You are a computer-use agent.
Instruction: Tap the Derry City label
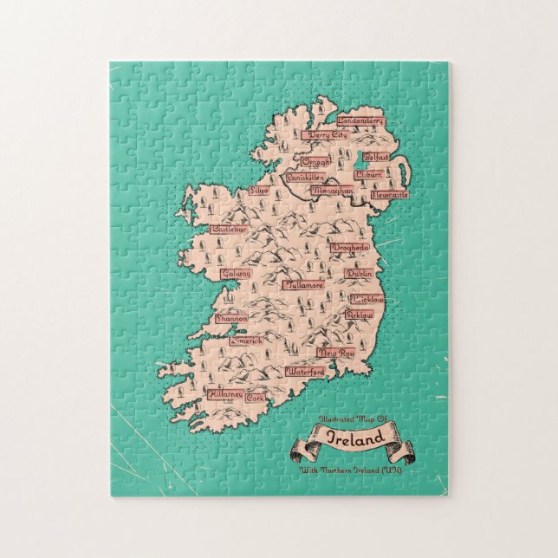[327, 136]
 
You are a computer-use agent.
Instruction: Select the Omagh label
[314, 160]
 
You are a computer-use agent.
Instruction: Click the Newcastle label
[388, 195]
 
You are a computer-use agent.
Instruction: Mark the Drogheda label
[348, 248]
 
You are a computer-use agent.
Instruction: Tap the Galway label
[235, 273]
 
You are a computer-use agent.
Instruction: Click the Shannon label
[231, 318]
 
